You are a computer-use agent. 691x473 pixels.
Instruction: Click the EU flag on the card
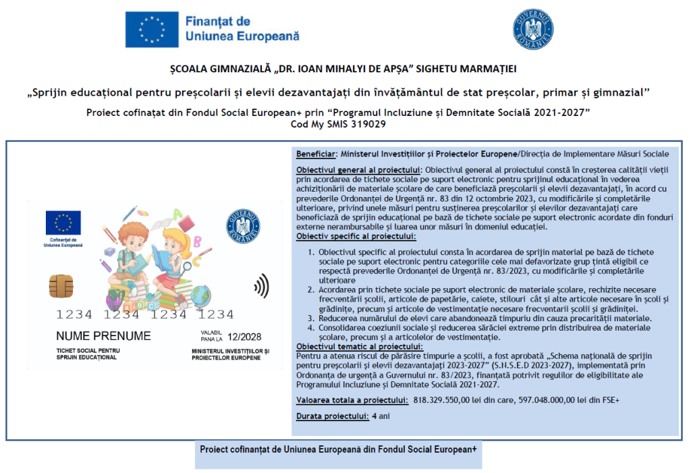pos(63,222)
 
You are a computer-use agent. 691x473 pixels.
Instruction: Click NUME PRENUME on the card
pos(103,336)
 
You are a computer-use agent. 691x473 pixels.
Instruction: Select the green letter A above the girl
pos(178,214)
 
